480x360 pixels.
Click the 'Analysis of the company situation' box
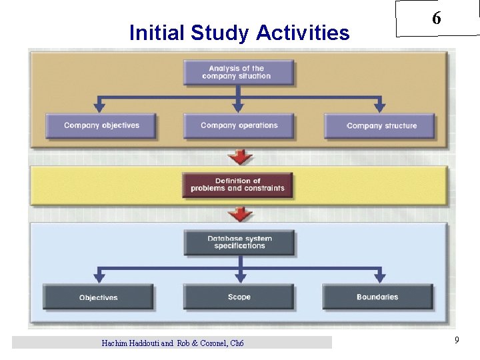pyautogui.click(x=239, y=73)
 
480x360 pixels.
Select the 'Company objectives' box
pyautogui.click(x=101, y=125)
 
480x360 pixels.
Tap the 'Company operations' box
pyautogui.click(x=239, y=125)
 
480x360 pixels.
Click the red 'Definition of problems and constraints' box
pyautogui.click(x=237, y=185)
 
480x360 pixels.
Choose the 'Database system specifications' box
pyautogui.click(x=239, y=243)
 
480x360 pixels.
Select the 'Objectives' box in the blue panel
pyautogui.click(x=98, y=297)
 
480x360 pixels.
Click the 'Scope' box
pyautogui.click(x=239, y=297)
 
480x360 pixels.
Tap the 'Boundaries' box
pyautogui.click(x=377, y=297)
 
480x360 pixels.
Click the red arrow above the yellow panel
pyautogui.click(x=240, y=157)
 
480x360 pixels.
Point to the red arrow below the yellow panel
pyautogui.click(x=240, y=215)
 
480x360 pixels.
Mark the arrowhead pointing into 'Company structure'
pyautogui.click(x=380, y=106)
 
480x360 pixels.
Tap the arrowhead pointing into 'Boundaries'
pyautogui.click(x=379, y=277)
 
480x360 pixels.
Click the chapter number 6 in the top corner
pyautogui.click(x=436, y=19)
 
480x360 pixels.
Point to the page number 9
pyautogui.click(x=457, y=341)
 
